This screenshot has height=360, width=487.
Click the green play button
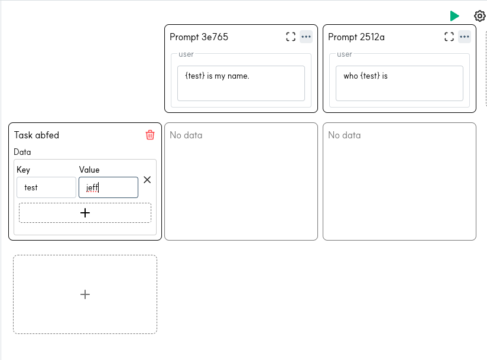tap(454, 16)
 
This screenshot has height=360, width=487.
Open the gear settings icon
tap(480, 16)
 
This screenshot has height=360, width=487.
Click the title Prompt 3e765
tap(199, 37)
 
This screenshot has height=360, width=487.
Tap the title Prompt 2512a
tap(356, 37)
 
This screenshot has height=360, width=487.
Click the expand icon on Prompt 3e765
tap(291, 37)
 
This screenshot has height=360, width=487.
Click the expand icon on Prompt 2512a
tap(449, 37)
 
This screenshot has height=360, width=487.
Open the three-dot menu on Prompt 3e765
tap(306, 37)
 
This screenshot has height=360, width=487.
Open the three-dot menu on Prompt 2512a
tap(465, 37)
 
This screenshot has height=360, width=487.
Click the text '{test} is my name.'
tap(217, 76)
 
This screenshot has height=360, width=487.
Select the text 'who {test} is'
tap(366, 76)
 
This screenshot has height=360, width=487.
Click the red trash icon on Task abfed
tap(150, 135)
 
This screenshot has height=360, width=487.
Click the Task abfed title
tap(37, 135)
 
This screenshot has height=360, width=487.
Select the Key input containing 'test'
tap(46, 187)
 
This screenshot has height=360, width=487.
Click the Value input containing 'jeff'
tap(108, 187)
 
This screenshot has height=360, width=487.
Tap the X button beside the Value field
tap(147, 180)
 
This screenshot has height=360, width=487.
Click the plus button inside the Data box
tap(85, 213)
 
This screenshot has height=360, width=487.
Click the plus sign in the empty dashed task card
tap(85, 294)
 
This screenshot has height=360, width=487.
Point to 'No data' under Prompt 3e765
tap(186, 135)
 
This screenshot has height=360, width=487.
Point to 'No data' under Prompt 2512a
tap(345, 135)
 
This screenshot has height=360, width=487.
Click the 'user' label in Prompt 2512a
tap(345, 54)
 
